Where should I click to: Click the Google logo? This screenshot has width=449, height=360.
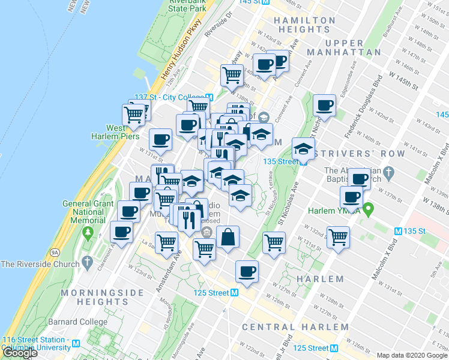tap(20, 353)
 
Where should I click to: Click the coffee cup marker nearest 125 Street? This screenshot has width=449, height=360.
tap(247, 272)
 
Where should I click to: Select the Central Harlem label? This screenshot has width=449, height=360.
tap(295, 327)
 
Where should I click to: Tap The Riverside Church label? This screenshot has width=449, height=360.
tap(41, 264)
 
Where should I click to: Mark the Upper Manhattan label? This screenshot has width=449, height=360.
tap(353, 47)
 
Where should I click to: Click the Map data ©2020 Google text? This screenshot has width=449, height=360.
tap(412, 355)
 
